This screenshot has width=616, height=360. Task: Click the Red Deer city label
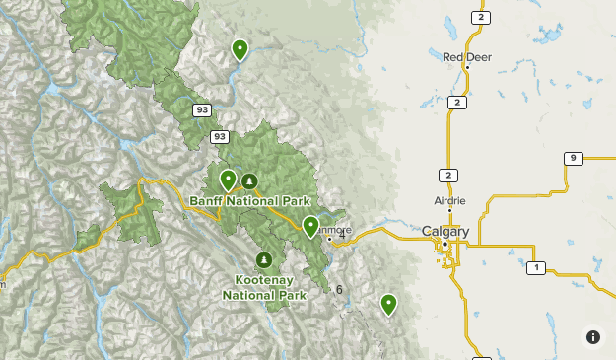(x=466, y=56)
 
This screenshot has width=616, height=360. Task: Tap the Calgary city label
(x=445, y=231)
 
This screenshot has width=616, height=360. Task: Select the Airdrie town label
(x=449, y=200)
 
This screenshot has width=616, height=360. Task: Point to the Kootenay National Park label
(x=264, y=287)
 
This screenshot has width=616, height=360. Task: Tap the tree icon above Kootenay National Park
(x=263, y=260)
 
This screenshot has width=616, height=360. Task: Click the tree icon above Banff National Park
(x=249, y=180)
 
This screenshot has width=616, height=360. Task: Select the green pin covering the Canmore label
(x=310, y=227)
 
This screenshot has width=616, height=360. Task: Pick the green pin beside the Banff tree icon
(x=228, y=180)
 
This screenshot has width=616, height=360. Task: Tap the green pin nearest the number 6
(x=388, y=303)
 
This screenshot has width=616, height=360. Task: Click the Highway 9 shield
(x=573, y=158)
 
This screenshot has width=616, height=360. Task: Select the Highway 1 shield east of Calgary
(x=535, y=267)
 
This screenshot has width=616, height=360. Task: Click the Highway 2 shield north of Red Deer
(x=480, y=18)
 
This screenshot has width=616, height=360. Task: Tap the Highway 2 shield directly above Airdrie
(x=448, y=175)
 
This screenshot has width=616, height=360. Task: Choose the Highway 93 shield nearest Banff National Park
(x=220, y=136)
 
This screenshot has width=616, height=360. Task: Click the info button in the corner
(x=592, y=336)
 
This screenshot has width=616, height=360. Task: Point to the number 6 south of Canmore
(x=339, y=289)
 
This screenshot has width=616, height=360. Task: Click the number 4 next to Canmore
(x=342, y=235)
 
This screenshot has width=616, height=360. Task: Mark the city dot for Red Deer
(x=467, y=67)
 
